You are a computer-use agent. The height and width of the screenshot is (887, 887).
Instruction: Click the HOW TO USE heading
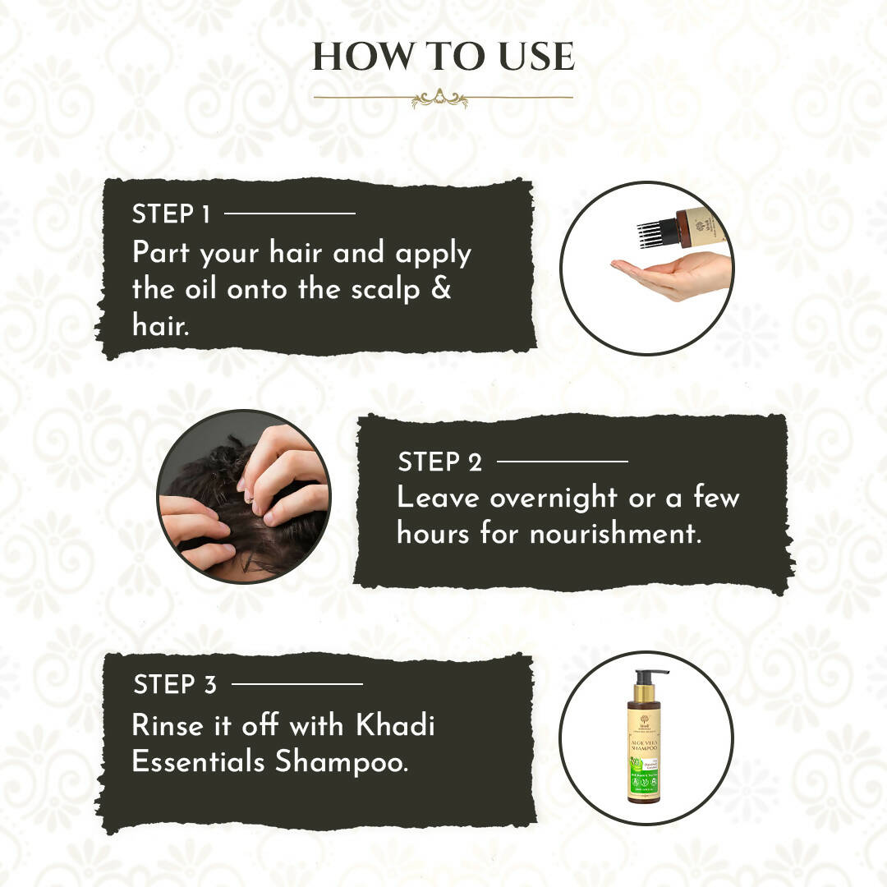coord(443,57)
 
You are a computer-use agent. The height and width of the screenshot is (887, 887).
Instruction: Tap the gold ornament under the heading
coord(439,99)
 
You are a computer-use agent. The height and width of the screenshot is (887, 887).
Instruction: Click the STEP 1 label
coord(171,214)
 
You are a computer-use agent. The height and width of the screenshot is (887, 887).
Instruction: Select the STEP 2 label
coord(440,462)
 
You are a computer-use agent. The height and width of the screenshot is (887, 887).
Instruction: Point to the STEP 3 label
coord(175,684)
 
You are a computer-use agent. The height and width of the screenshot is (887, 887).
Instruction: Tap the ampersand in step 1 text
coord(441,289)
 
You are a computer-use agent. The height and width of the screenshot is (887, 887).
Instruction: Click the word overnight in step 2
coord(554,498)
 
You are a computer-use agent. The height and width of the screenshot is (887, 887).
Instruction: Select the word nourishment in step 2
coord(615,534)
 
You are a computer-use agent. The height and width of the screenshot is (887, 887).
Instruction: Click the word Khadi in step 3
coord(395,726)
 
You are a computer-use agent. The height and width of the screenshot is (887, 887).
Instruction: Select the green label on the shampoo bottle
coord(646,772)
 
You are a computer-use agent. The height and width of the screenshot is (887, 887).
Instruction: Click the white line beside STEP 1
coord(289,214)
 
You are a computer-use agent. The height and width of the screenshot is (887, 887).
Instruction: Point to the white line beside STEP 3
coord(296,683)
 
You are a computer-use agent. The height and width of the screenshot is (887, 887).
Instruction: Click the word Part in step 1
coord(161,253)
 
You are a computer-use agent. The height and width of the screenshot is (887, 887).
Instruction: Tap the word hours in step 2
coord(434,534)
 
